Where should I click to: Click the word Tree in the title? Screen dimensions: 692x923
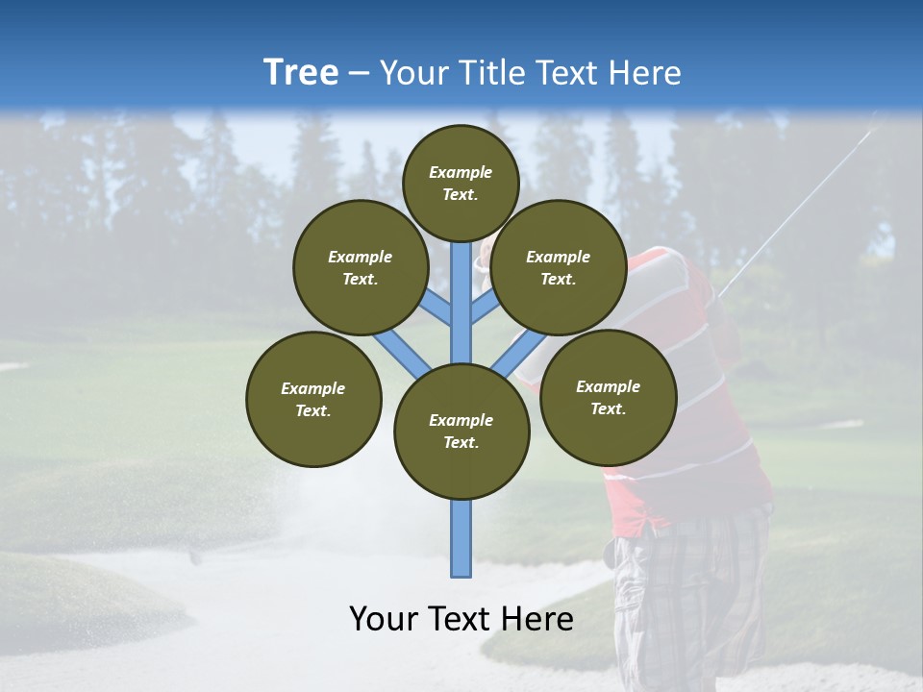tap(301, 72)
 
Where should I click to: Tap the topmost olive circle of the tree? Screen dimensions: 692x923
tap(461, 183)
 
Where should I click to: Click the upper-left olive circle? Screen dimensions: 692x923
tap(361, 267)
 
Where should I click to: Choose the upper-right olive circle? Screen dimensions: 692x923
tap(559, 267)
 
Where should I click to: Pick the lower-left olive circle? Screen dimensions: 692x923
tap(313, 399)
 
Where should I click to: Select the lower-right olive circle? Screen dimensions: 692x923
tap(609, 397)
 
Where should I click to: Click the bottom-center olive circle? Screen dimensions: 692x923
tap(461, 432)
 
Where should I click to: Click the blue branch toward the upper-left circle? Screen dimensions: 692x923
tap(435, 309)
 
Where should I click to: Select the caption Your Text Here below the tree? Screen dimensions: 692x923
tap(461, 618)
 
